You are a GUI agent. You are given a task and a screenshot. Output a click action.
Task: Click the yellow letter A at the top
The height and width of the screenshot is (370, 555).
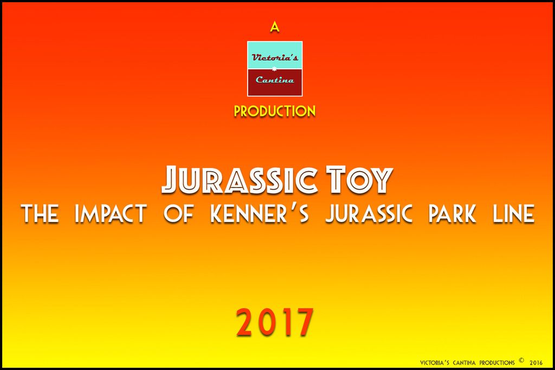tap(275, 27)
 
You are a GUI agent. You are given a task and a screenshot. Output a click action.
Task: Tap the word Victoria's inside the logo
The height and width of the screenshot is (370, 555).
tap(275, 57)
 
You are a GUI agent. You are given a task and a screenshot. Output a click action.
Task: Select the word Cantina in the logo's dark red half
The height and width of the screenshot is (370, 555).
tap(275, 80)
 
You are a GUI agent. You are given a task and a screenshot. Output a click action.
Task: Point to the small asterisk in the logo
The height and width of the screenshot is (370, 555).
tap(274, 68)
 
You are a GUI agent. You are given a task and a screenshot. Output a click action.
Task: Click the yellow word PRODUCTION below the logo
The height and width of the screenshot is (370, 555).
tap(275, 111)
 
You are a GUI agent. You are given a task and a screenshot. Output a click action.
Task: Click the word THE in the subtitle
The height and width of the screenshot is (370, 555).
tap(40, 213)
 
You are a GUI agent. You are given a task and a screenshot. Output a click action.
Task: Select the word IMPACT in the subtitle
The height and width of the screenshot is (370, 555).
tap(111, 213)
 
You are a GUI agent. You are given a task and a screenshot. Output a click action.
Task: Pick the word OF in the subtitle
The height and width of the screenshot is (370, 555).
tap(179, 213)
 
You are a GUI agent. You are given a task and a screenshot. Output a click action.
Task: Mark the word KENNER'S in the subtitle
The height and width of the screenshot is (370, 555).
tap(260, 213)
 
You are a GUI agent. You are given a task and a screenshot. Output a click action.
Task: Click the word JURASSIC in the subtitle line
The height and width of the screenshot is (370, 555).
tap(369, 213)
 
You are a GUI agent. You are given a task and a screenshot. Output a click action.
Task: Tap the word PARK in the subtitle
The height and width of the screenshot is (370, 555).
tap(452, 213)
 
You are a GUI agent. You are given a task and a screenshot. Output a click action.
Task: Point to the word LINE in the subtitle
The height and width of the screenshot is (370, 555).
tap(513, 213)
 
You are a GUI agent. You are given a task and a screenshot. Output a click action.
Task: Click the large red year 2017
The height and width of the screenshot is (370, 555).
tap(275, 322)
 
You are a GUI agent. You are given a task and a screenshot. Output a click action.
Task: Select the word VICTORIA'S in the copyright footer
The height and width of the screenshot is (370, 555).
tap(435, 362)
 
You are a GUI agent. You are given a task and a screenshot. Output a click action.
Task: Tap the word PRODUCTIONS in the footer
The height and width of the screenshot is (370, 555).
tap(497, 362)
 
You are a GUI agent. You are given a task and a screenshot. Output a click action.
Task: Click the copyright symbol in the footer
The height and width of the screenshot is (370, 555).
tap(521, 361)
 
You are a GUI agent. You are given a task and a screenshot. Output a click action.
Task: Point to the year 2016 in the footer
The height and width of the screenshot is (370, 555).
tap(536, 362)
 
